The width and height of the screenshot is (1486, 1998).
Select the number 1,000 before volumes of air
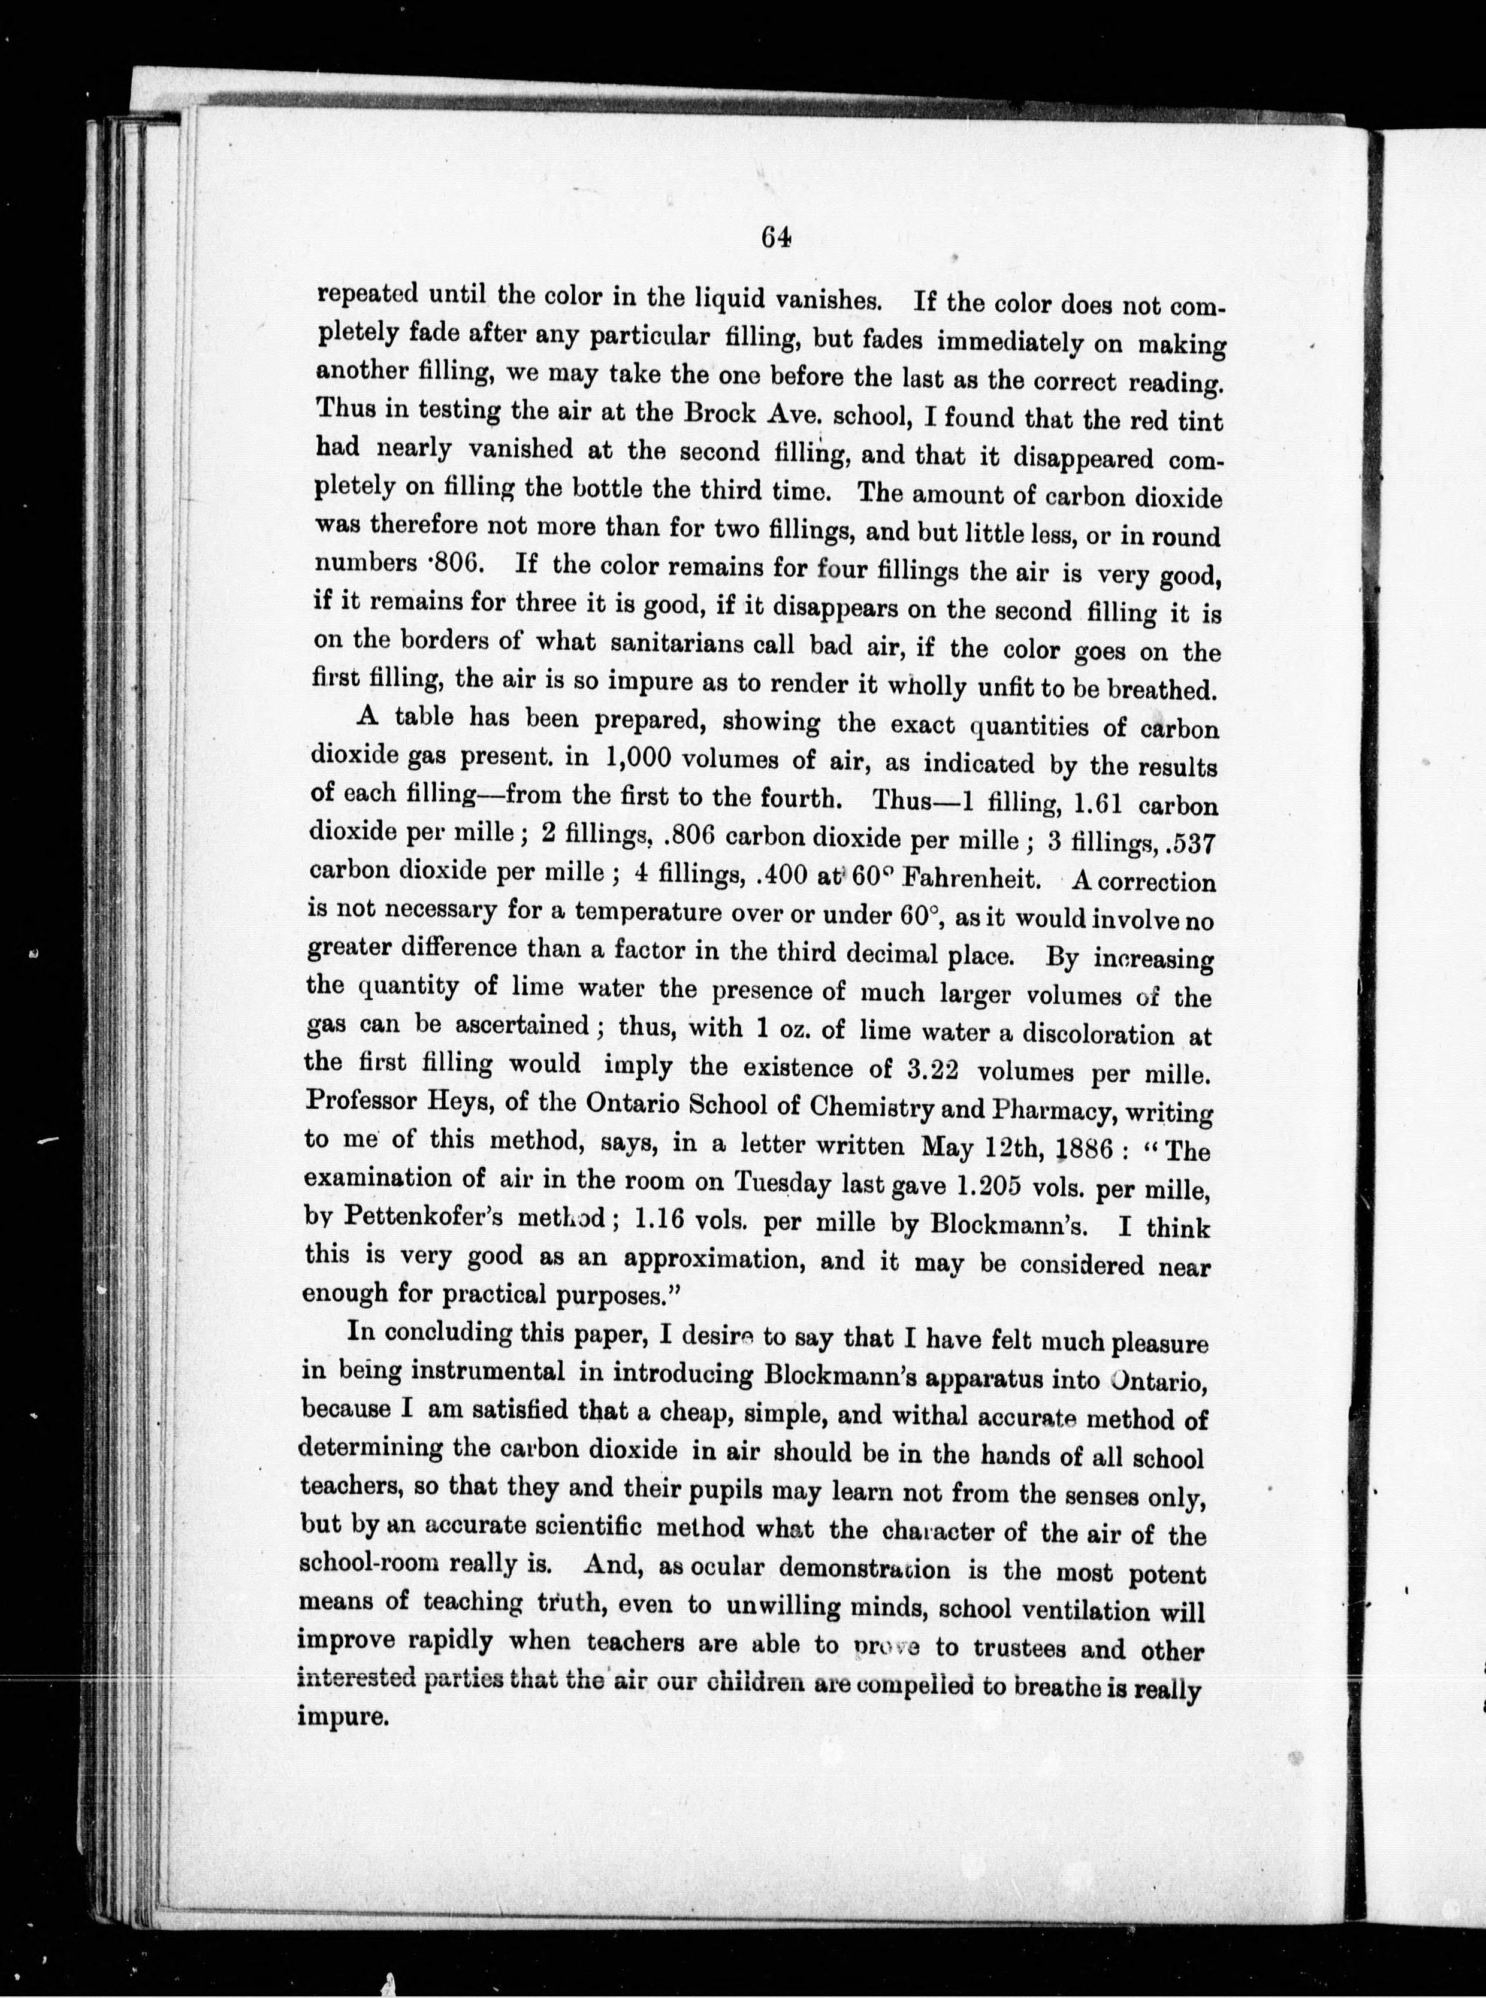[643, 756]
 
